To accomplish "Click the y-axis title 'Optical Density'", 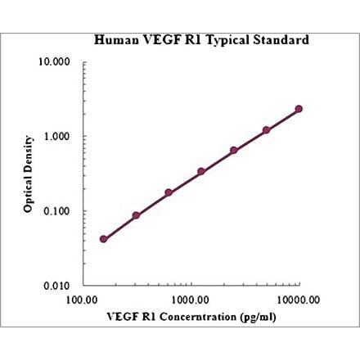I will pyautogui.click(x=28, y=174).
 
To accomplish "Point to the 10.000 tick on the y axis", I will pyautogui.click(x=56, y=62).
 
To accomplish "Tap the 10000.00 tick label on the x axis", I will pyautogui.click(x=298, y=300).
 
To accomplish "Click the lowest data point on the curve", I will pyautogui.click(x=103, y=239).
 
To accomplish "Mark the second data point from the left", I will pyautogui.click(x=136, y=215).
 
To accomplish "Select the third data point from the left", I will pyautogui.click(x=169, y=192).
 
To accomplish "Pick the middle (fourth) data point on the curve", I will pyautogui.click(x=201, y=171).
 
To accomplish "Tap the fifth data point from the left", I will pyautogui.click(x=234, y=150).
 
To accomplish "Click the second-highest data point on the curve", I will pyautogui.click(x=266, y=129).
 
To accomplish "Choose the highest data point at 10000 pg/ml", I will pyautogui.click(x=299, y=109).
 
